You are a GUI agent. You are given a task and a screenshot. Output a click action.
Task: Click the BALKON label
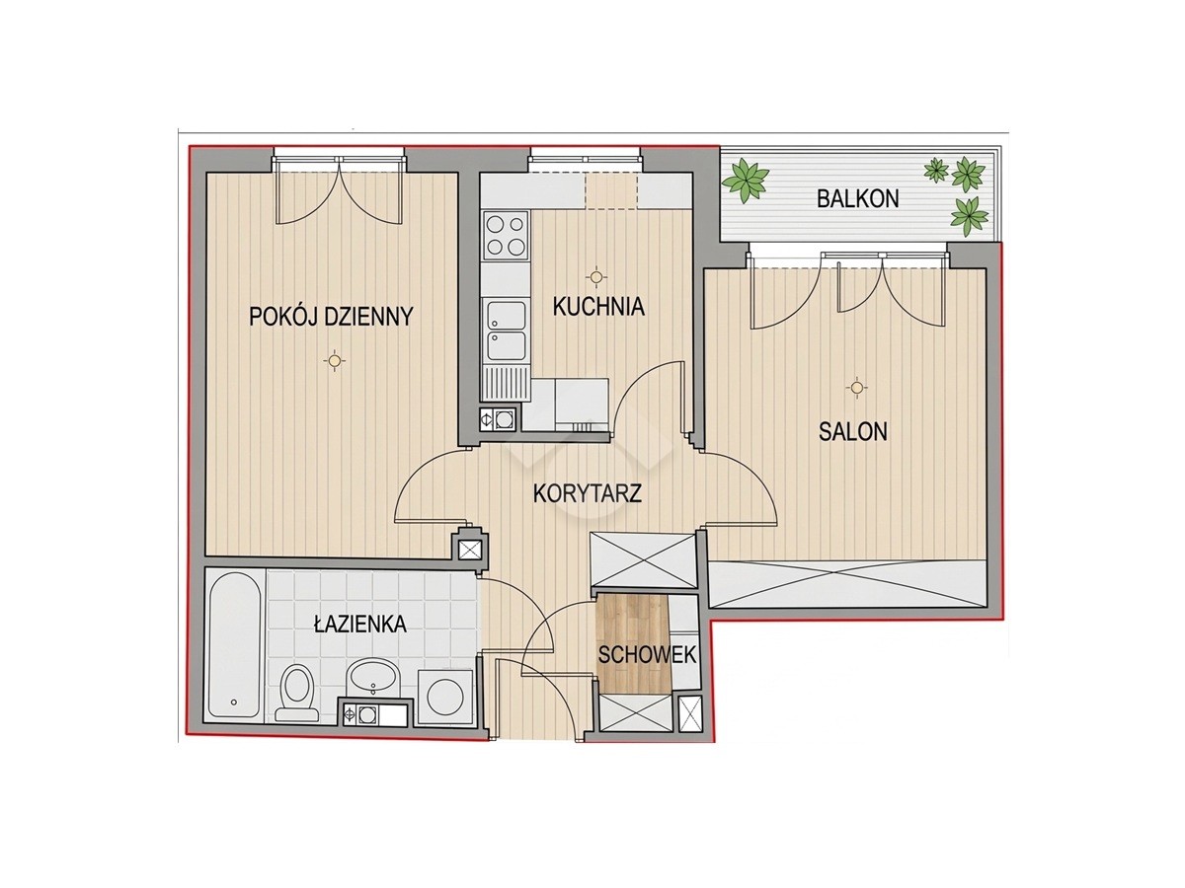857,199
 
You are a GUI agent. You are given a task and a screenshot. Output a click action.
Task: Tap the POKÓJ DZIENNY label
331,317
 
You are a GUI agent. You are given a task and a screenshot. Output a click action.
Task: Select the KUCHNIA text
598,306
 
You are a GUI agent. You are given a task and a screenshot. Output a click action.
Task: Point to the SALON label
853,431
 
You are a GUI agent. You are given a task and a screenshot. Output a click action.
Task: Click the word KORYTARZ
588,493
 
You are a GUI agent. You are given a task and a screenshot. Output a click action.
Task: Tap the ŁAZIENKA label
360,624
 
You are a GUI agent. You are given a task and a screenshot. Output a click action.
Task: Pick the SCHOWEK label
647,655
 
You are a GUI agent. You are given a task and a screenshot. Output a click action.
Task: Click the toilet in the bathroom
297,692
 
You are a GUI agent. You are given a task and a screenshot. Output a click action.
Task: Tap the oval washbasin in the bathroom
372,677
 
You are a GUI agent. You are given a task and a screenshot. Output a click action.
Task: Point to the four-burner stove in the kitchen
506,235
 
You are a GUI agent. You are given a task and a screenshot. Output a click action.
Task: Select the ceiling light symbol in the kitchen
595,277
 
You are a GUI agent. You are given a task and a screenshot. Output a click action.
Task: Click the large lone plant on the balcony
747,181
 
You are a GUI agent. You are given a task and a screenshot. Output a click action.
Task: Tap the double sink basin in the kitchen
506,331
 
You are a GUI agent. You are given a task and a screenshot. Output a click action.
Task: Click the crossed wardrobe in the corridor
642,559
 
